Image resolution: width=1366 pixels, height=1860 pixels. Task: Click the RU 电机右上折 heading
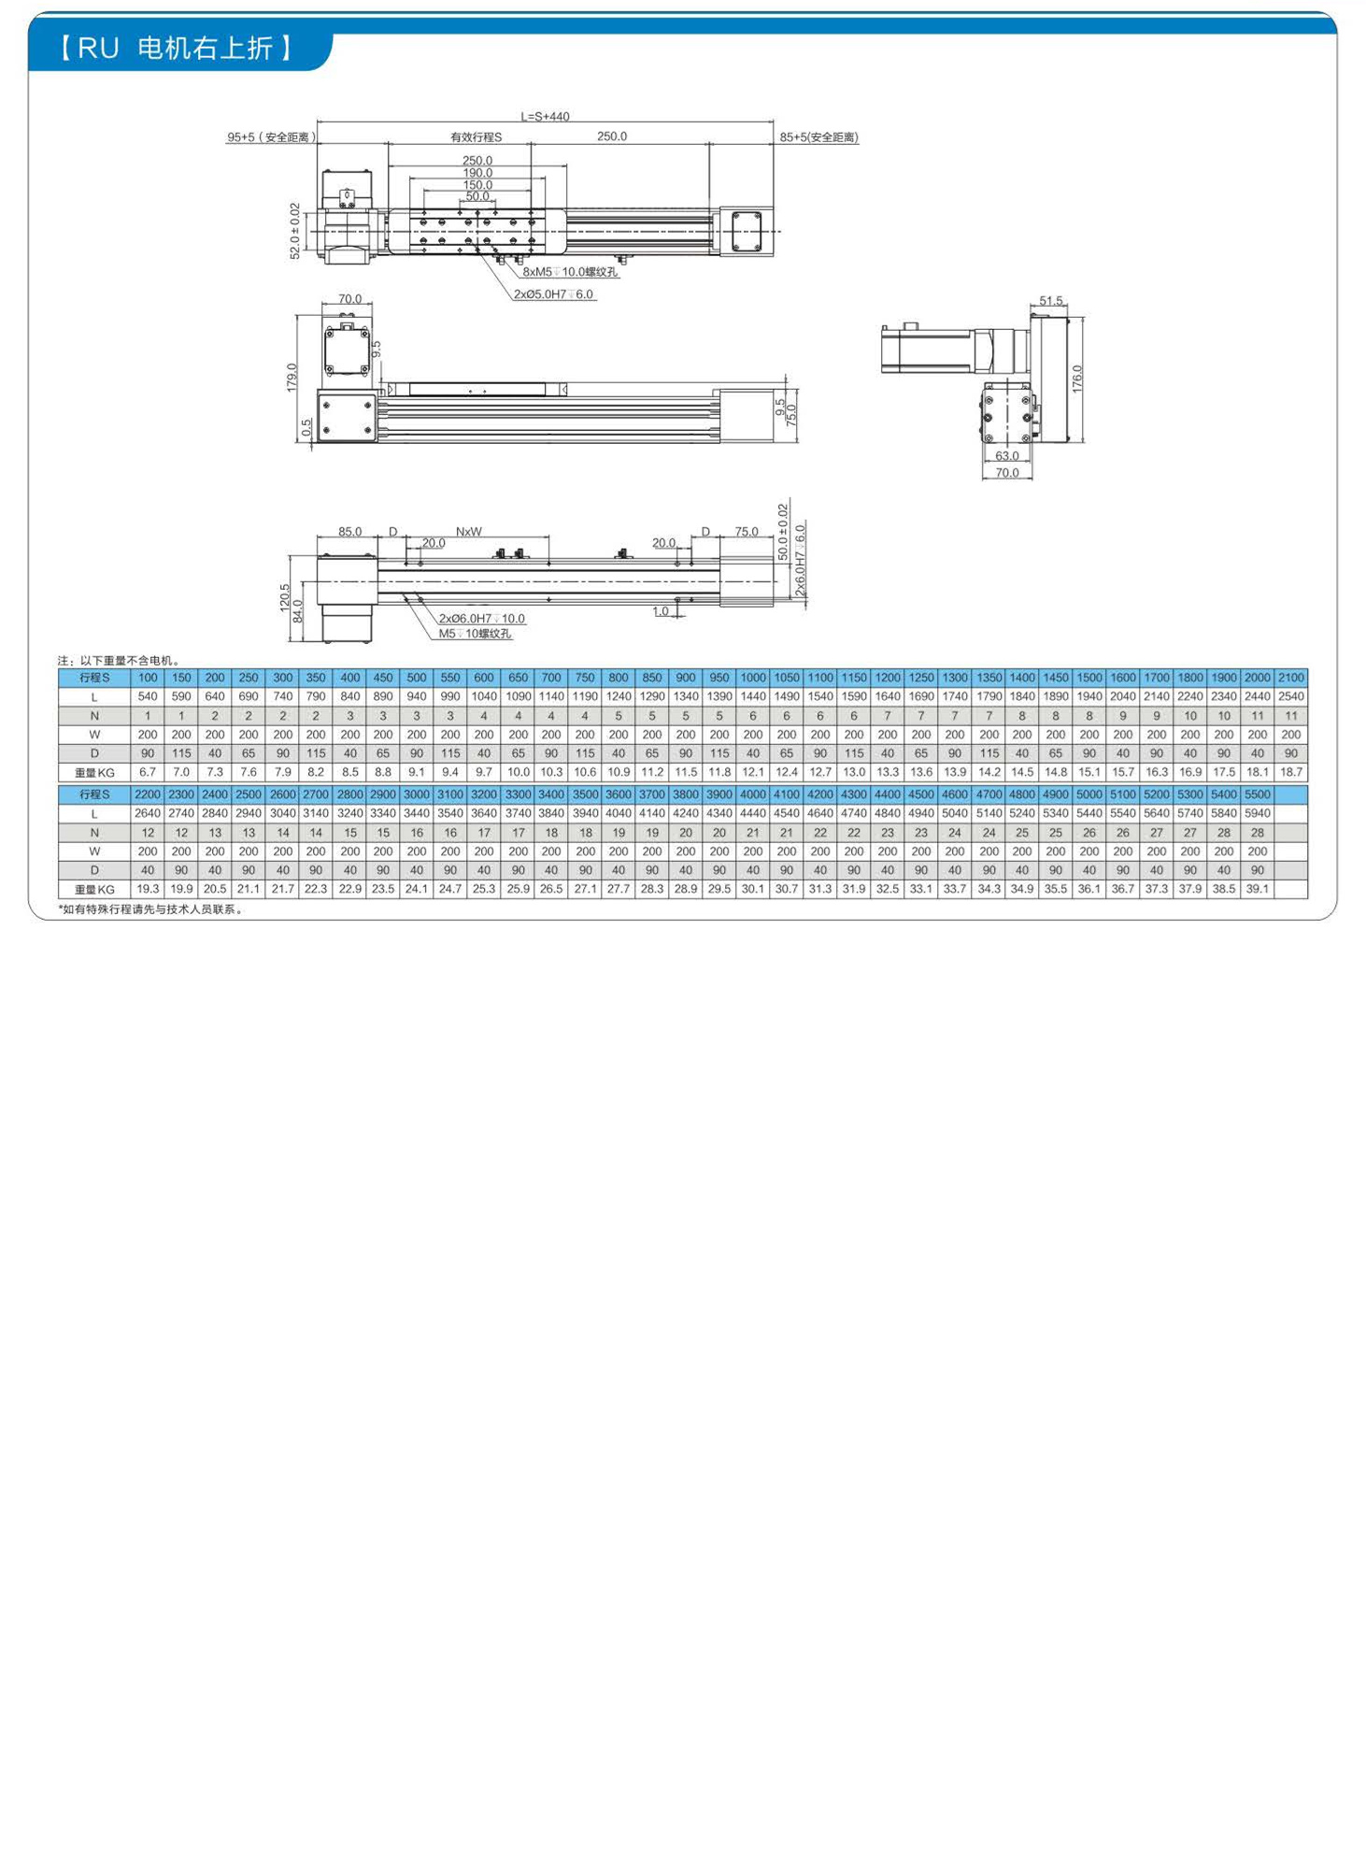click(x=177, y=48)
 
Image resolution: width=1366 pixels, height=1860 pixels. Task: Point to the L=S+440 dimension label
click(x=545, y=117)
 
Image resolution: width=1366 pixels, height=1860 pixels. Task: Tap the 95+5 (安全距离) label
click(x=271, y=137)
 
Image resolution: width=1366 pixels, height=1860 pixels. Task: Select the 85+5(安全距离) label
click(x=818, y=137)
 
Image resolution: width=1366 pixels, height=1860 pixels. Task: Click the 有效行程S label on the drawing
click(x=477, y=137)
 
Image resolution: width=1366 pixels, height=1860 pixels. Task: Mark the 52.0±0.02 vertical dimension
click(x=295, y=231)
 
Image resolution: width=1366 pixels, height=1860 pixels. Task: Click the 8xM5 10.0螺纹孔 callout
click(x=570, y=272)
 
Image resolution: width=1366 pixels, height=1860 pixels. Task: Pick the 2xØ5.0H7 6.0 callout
click(x=553, y=294)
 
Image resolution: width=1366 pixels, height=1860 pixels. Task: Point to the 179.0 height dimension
click(x=292, y=378)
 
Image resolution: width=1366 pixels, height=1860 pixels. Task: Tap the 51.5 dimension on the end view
click(x=1051, y=301)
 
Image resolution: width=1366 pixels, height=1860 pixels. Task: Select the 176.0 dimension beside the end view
click(x=1077, y=379)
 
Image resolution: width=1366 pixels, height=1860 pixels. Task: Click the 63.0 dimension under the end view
click(x=1007, y=456)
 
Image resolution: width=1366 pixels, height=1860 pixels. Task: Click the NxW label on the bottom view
click(x=469, y=532)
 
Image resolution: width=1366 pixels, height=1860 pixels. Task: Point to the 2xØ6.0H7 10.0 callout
click(x=482, y=619)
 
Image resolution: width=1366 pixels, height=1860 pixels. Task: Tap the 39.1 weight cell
click(x=1257, y=889)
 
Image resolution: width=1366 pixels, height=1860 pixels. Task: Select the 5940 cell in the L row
click(x=1257, y=813)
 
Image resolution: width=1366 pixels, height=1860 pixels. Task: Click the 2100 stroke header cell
click(x=1291, y=678)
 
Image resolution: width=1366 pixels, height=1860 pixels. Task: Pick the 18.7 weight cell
click(x=1291, y=772)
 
